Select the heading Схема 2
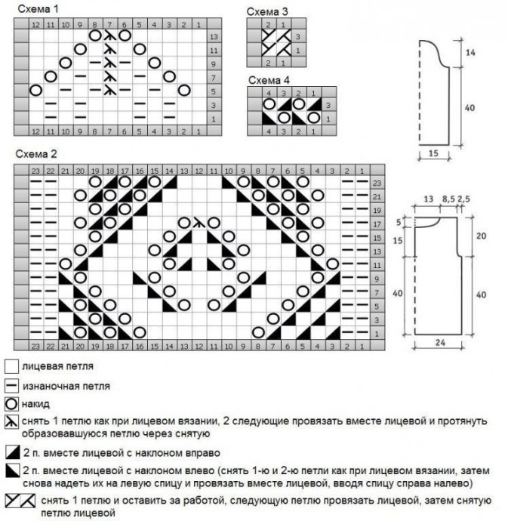35,155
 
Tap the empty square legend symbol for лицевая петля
11,366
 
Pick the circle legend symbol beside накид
11,404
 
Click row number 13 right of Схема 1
214,36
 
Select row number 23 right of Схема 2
377,183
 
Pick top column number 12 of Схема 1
35,24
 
